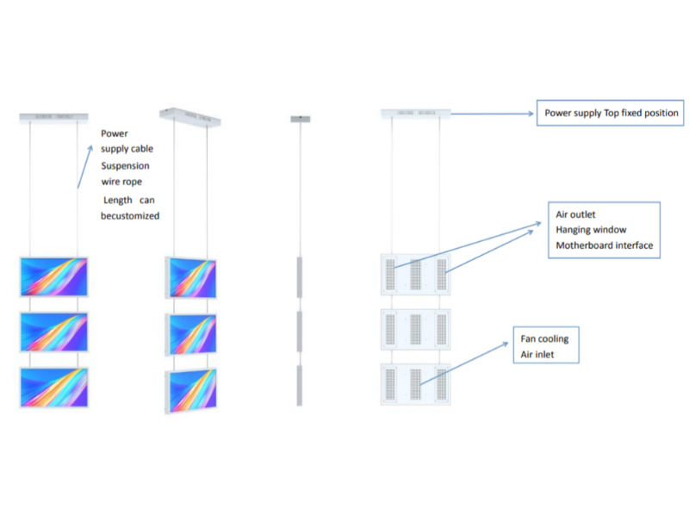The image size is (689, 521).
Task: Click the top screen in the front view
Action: click(x=53, y=276)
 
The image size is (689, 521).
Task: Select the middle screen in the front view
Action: click(x=53, y=332)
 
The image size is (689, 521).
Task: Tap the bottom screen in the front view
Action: click(x=53, y=387)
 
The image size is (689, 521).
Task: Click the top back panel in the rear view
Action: click(x=416, y=275)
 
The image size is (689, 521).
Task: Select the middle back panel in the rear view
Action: click(x=416, y=329)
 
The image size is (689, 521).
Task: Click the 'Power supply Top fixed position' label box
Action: click(x=611, y=114)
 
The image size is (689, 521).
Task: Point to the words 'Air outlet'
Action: click(x=576, y=214)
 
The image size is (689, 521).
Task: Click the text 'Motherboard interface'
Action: click(x=605, y=245)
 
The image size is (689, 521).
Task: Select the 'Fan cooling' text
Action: click(x=544, y=338)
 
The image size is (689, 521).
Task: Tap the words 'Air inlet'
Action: click(x=538, y=354)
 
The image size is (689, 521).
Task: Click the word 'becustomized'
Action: click(x=130, y=216)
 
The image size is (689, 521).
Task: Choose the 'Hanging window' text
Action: click(x=591, y=230)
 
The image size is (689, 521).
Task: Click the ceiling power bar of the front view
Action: click(x=53, y=115)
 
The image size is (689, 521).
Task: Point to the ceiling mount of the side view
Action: click(x=300, y=118)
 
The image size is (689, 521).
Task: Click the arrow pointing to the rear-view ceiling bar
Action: click(x=491, y=114)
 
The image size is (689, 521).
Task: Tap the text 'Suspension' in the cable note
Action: click(x=125, y=165)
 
